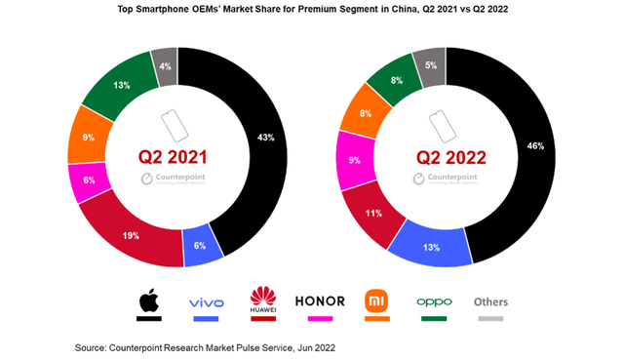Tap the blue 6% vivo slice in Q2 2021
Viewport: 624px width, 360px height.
tap(202, 249)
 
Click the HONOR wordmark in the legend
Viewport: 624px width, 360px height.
tap(320, 301)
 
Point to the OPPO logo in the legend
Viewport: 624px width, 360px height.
tap(434, 301)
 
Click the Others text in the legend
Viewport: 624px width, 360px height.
tap(490, 301)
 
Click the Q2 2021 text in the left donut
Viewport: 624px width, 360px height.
tap(177, 157)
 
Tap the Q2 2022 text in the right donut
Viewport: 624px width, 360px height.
tap(445, 157)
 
